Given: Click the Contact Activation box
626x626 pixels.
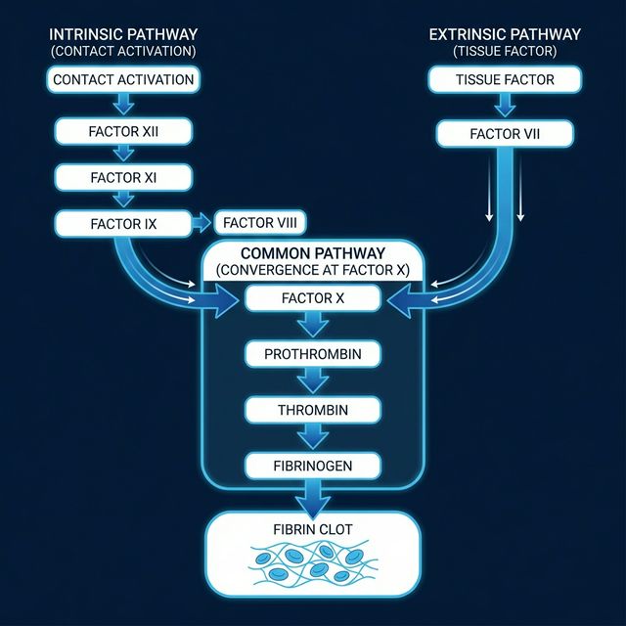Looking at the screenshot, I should (x=122, y=79).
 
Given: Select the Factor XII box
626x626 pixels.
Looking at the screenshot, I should (x=122, y=129).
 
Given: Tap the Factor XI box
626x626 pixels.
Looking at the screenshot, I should (x=122, y=177).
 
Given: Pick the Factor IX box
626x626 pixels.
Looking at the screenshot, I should (x=122, y=224).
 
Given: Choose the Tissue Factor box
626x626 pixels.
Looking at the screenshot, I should (x=505, y=79).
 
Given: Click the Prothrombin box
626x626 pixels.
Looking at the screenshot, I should (x=312, y=353).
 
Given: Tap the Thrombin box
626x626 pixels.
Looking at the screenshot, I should (x=312, y=410).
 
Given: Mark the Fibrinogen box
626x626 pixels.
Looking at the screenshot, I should (x=312, y=466).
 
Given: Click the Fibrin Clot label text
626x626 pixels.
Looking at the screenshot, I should (x=312, y=529).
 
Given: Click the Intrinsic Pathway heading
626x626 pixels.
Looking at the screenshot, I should (x=122, y=34).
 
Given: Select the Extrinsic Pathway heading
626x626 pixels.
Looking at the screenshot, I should (x=505, y=34).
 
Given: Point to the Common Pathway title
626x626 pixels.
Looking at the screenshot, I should (x=312, y=252).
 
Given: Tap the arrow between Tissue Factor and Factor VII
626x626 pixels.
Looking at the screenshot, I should (x=505, y=105).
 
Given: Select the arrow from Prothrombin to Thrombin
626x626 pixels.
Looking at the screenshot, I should (x=312, y=381).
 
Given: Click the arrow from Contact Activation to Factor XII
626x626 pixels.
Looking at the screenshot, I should (x=122, y=105).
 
